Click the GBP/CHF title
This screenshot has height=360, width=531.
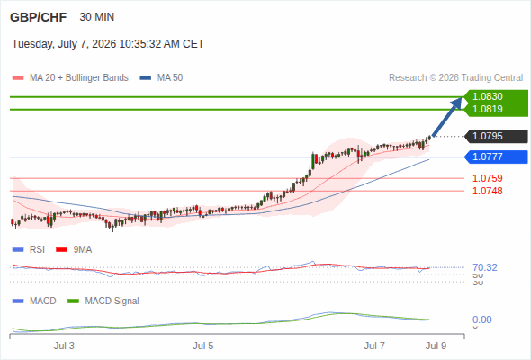39,17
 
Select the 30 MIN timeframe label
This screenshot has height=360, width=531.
97,17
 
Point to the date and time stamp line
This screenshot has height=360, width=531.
108,44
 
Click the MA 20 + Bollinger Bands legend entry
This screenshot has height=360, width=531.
70,78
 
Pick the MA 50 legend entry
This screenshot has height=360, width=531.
161,78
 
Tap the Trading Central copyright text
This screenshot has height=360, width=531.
455,78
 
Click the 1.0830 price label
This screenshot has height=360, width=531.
487,96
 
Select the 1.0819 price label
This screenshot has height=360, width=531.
487,109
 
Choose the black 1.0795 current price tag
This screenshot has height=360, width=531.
496,136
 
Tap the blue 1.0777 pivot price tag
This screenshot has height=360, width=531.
496,157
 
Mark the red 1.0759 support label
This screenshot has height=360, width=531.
487,178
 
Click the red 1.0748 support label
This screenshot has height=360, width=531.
487,191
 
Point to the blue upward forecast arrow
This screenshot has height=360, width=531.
447,117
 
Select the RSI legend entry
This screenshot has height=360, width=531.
29,249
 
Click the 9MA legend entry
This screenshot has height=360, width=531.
74,249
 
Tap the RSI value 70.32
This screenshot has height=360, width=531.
485,267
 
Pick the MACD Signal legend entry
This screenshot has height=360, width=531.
103,301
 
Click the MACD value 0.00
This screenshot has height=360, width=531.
481,319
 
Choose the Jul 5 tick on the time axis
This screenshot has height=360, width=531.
203,346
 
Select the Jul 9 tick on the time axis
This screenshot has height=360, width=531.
436,346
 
